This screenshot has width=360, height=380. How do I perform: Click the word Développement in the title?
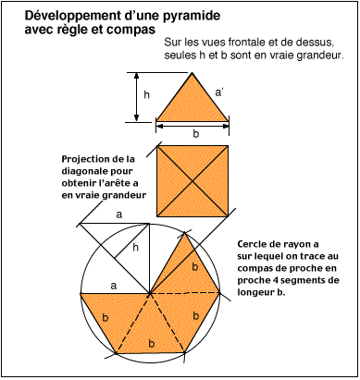tap(68, 16)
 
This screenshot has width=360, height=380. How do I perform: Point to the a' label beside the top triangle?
tap(220, 92)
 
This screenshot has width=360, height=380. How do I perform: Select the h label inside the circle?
tap(135, 247)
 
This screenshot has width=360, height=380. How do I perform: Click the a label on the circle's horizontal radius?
tap(113, 286)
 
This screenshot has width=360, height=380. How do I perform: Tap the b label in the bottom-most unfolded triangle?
tap(151, 343)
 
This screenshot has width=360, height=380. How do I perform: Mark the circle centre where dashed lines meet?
tap(151, 293)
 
